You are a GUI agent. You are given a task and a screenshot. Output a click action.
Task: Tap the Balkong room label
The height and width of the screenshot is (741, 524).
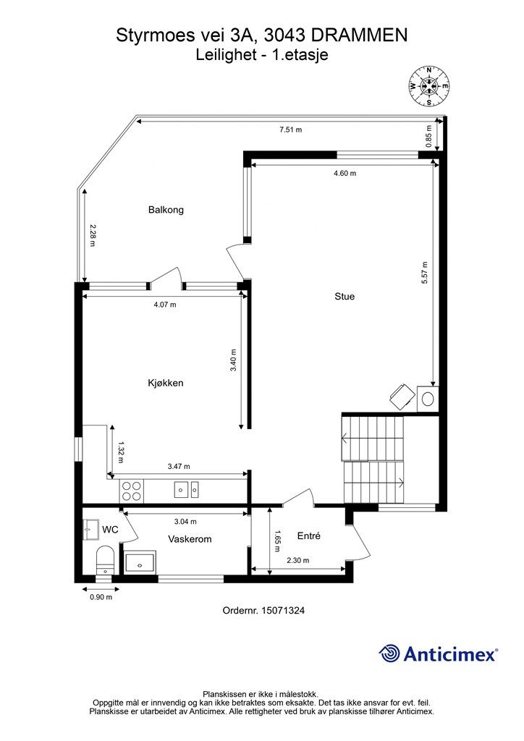pyautogui.click(x=166, y=210)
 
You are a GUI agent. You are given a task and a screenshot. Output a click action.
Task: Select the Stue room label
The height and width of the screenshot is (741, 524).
pyautogui.click(x=345, y=296)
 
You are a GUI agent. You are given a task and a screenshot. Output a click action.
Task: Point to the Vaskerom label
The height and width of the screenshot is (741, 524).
pyautogui.click(x=190, y=538)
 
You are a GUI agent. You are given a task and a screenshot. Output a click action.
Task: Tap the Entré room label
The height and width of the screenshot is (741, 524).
pyautogui.click(x=308, y=535)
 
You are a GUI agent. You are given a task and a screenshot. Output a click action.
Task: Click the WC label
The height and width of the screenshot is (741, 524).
pyautogui.click(x=110, y=530)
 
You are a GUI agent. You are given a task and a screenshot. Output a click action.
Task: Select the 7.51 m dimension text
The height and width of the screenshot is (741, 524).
pyautogui.click(x=290, y=130)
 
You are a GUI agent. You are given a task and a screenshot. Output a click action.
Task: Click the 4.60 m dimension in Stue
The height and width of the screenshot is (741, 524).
pyautogui.click(x=345, y=173)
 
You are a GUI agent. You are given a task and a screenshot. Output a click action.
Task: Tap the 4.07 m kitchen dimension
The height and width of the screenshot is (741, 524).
pyautogui.click(x=165, y=305)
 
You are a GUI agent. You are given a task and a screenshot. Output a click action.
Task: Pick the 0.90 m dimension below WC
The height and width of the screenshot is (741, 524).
pyautogui.click(x=100, y=597)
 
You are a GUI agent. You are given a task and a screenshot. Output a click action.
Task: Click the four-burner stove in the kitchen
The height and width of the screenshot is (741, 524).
pyautogui.click(x=131, y=491)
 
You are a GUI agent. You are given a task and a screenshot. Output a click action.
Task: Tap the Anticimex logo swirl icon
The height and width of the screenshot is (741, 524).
pyautogui.click(x=389, y=653)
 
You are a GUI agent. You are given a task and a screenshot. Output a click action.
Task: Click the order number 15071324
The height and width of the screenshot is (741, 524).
pyautogui.click(x=283, y=610)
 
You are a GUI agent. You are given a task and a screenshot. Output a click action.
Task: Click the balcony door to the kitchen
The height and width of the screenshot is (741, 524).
pyautogui.click(x=166, y=279)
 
